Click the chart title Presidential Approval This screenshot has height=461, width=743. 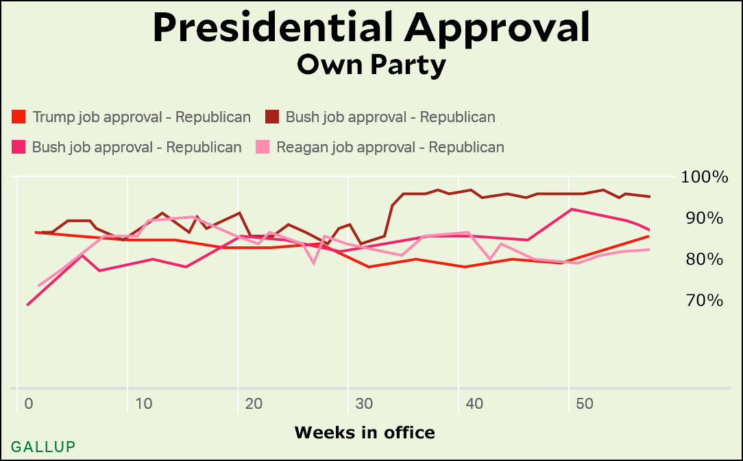point(371,28)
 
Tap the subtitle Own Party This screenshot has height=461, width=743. point(371,65)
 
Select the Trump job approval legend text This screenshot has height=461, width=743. point(141,117)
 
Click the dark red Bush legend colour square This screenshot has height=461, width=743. point(272,117)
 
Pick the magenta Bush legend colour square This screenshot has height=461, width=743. point(19,147)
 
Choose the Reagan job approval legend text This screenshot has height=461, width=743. point(390,147)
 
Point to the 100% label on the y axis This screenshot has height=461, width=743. point(705,177)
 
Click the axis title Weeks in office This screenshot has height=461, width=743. point(364,432)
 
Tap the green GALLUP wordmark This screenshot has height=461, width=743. point(43,447)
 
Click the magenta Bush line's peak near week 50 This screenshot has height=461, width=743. point(571,209)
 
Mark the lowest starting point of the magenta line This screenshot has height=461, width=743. point(27,305)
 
